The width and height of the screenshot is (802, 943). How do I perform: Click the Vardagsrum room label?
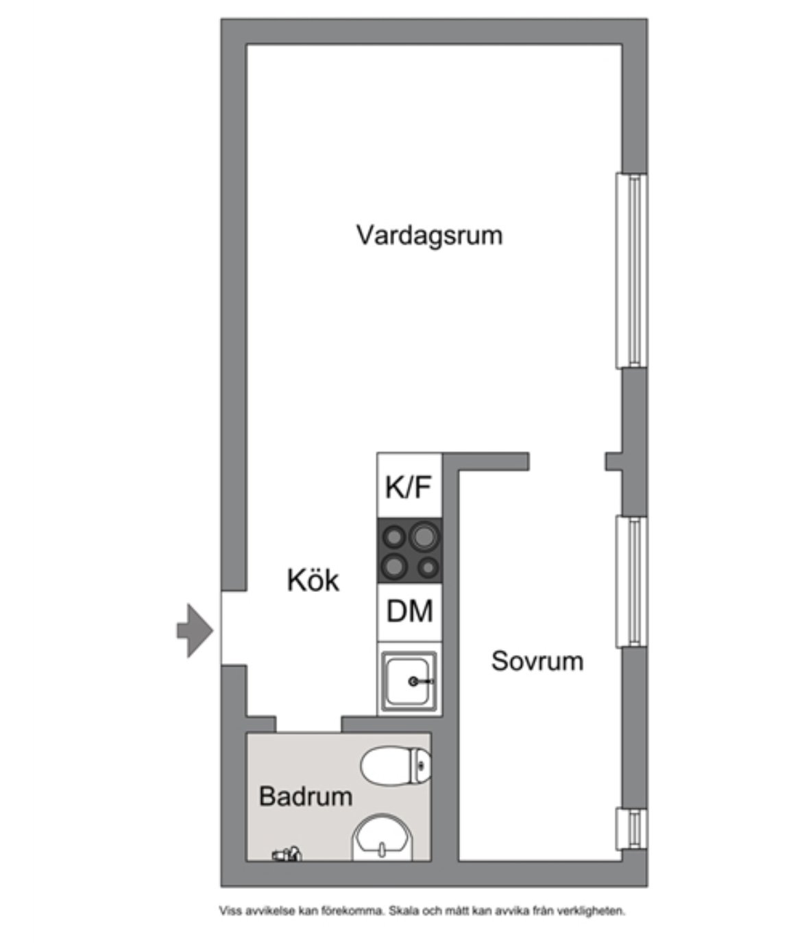click(430, 236)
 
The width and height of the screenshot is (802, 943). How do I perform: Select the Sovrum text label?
click(537, 661)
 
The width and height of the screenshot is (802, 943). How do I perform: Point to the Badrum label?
click(306, 796)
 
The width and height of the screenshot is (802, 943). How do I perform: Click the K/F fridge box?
click(409, 486)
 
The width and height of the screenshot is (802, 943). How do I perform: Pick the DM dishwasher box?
click(409, 612)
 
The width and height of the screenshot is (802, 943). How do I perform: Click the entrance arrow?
click(195, 631)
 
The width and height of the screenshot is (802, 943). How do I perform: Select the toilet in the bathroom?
click(396, 765)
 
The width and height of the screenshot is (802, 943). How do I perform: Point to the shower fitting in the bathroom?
click(287, 854)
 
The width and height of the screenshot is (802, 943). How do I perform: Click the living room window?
click(631, 270)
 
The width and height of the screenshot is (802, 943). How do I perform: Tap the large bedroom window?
click(631, 582)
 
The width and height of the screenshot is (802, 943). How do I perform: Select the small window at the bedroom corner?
click(631, 828)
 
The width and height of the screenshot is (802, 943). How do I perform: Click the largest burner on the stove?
click(424, 536)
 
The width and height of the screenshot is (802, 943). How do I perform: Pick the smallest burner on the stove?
click(428, 568)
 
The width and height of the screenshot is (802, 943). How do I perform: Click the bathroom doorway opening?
click(308, 724)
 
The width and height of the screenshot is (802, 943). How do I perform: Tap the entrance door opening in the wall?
click(234, 628)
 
